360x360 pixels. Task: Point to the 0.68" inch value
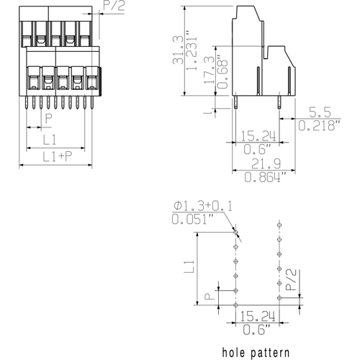[222, 71]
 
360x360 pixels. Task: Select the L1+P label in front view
[56, 157]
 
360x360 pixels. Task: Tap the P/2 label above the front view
[113, 7]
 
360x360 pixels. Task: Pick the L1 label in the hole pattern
[189, 267]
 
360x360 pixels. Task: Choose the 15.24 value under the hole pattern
[257, 316]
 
